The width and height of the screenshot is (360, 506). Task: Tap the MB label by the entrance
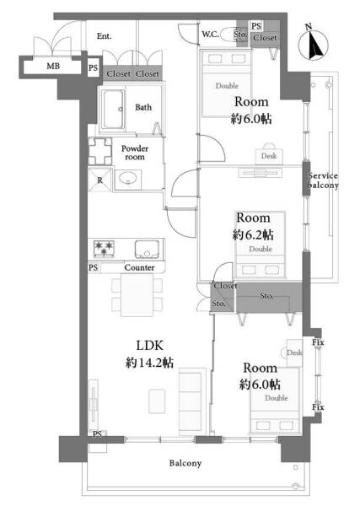pos(53,66)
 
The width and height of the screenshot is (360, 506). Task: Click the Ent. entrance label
pos(104,35)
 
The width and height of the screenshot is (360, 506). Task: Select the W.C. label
pos(211,35)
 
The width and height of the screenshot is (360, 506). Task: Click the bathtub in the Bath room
pos(113,109)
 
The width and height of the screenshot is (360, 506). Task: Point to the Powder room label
pos(135,153)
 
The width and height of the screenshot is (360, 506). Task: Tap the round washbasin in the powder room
pos(128,178)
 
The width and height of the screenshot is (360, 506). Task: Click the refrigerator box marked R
pos(100,180)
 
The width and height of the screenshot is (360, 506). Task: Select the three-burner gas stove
pos(104,249)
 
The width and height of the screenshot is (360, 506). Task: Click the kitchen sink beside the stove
pos(147,249)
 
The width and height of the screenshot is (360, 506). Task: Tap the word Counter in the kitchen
pos(139,267)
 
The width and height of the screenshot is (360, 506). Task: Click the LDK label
pos(150,346)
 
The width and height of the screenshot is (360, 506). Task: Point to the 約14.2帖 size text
pos(149,363)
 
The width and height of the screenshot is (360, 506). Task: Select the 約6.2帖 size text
pos(253,234)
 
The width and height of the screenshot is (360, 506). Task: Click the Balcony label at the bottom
pos(185,463)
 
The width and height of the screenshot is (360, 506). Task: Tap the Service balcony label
pos(323,180)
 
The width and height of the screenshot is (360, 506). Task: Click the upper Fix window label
pos(318,342)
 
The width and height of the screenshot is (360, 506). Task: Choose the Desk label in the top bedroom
pos(269,156)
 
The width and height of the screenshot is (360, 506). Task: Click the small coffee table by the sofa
pos(157,401)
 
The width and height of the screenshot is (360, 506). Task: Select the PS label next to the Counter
pos(94,267)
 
